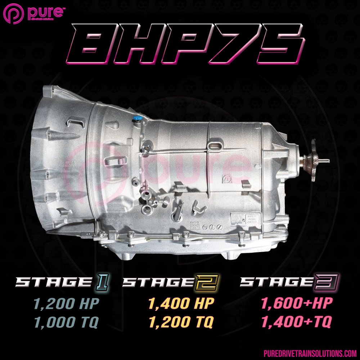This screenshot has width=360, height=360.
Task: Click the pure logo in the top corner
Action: (34, 13)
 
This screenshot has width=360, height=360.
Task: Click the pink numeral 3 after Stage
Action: (330, 282)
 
